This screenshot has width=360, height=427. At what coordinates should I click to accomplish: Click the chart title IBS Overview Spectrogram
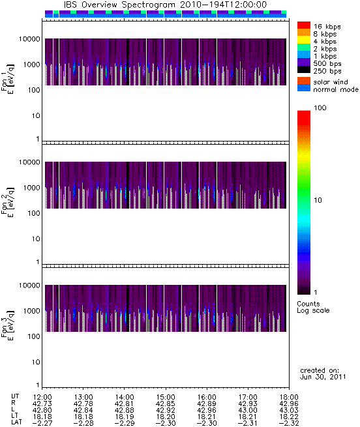coord(119,5)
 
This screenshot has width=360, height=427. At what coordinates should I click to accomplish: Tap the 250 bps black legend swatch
coord(304,70)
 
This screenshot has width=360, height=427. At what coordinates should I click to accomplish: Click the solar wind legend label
coord(330,82)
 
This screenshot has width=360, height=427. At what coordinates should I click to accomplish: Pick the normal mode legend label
coord(336,89)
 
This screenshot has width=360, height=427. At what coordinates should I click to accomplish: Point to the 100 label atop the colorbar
coord(320,108)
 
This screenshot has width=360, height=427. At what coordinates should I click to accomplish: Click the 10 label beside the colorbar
coord(318,200)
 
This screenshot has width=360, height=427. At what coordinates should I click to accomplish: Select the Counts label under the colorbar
coord(308,304)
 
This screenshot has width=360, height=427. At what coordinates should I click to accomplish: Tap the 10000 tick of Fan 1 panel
coord(29,39)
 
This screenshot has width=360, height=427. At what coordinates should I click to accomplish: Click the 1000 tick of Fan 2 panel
coord(31,188)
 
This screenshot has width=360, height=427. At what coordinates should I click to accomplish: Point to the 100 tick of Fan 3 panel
coord(34,336)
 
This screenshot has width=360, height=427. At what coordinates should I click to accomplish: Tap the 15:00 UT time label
coord(166,397)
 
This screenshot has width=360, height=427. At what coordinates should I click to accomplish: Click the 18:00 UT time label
coord(289,397)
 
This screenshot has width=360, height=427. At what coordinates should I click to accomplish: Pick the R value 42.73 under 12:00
coord(42,404)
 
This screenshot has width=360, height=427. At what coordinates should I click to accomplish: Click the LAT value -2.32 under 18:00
coord(289,423)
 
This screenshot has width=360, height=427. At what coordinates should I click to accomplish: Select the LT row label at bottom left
coord(14,417)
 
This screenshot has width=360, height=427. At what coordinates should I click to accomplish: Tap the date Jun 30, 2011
coord(323,377)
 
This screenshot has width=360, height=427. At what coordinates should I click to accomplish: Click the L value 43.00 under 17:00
coord(248,410)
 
